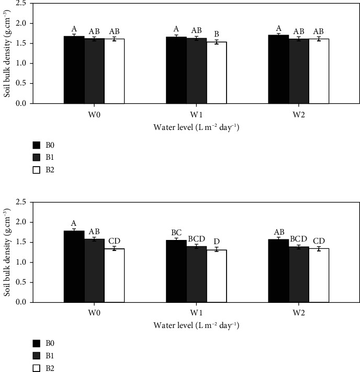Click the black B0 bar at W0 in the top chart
tap(74, 70)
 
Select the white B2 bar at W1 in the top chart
tap(217, 73)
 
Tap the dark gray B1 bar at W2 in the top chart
tap(299, 71)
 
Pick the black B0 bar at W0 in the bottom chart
tap(74, 267)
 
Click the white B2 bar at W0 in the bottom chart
tap(115, 276)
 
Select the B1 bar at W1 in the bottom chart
tap(197, 274)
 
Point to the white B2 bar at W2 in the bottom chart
tap(319, 276)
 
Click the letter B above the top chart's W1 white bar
tap(217, 34)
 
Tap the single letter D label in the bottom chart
tap(217, 242)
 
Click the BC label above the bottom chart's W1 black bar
tap(176, 233)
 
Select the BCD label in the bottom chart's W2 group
tap(299, 239)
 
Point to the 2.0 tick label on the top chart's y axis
tap(21, 23)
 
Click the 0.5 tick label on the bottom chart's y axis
tap(21, 282)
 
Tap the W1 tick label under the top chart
tap(196, 115)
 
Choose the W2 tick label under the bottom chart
tap(299, 313)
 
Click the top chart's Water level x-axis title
tap(196, 127)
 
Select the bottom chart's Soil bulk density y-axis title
tap(7, 252)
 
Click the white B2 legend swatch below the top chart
tap(37, 170)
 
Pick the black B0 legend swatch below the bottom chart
tap(37, 343)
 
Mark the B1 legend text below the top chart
tap(50, 157)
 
